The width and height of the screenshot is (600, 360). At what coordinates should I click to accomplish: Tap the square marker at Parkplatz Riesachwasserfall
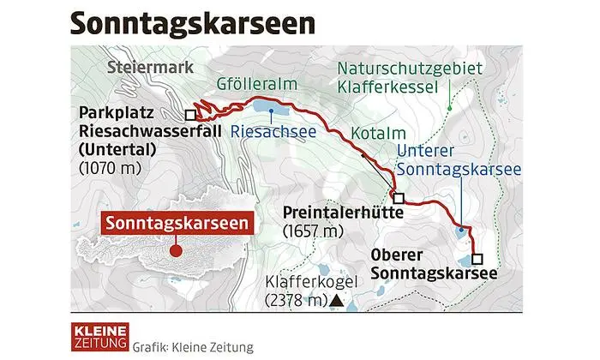(190, 113)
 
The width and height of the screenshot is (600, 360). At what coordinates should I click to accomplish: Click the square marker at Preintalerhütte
(398, 197)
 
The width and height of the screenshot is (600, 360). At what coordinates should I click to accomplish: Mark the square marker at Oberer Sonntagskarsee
(477, 258)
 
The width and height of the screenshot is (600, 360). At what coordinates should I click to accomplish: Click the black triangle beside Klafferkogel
(338, 301)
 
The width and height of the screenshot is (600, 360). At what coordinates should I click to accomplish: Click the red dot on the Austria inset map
(174, 251)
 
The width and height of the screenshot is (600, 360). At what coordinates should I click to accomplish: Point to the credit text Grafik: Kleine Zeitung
(194, 346)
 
